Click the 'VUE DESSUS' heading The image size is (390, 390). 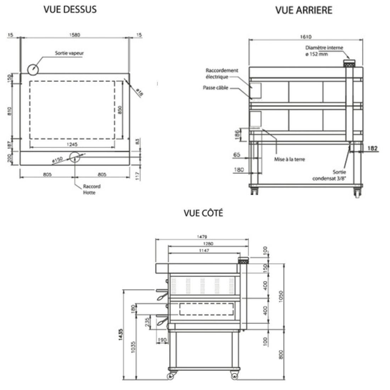pos(70,10)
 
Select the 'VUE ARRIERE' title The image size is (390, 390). pos(304,11)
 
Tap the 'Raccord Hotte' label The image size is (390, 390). pos(91,189)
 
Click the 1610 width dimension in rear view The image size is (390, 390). pos(306,37)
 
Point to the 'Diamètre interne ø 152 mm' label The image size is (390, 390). pos(324,51)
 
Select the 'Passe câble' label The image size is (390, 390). pos(216,88)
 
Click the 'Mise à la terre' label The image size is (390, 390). pos(289,159)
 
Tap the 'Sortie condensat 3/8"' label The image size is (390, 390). pos(329,175)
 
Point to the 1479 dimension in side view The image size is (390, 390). pos(202,236)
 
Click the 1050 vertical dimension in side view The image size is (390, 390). pos(281,295)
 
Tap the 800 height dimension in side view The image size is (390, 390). pos(281,354)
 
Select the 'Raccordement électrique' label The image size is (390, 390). pos(217,73)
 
